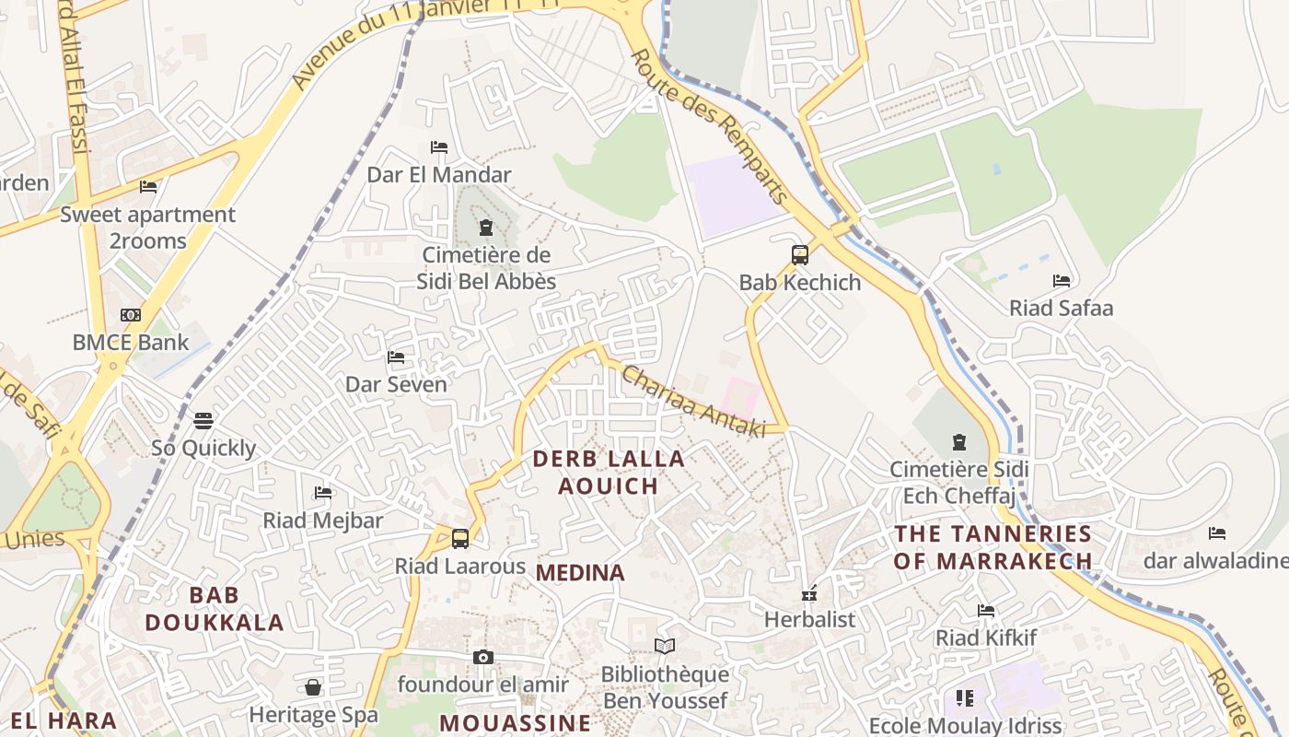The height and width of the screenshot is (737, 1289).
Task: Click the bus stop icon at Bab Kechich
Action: click(799, 255)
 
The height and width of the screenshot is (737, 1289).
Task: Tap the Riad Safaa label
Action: click(1061, 308)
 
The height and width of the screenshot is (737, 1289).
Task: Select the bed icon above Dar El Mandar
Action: click(439, 147)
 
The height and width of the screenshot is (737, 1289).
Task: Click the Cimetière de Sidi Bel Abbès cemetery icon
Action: click(486, 228)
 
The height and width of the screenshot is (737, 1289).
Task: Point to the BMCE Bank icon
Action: click(131, 315)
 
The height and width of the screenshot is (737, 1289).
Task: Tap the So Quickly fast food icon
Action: click(203, 421)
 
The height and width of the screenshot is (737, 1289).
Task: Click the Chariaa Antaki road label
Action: click(693, 401)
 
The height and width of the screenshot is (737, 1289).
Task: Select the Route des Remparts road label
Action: click(710, 127)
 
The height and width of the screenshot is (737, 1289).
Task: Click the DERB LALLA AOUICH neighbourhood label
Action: click(609, 472)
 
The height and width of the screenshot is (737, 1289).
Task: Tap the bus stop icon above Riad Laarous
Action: click(460, 539)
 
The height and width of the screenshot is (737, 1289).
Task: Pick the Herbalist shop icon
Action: click(809, 594)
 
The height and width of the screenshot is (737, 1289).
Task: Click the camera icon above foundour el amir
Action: click(482, 657)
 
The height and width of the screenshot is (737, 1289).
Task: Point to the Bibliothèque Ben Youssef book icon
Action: click(664, 647)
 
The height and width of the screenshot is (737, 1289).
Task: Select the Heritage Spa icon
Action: click(313, 687)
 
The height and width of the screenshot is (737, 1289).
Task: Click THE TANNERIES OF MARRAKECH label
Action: click(993, 546)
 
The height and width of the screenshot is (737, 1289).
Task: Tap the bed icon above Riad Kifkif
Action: click(986, 610)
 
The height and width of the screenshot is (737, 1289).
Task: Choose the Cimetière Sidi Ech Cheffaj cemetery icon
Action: click(959, 442)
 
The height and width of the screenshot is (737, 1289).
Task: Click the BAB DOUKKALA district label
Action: click(215, 608)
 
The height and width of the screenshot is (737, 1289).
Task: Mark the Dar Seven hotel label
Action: click(396, 384)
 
